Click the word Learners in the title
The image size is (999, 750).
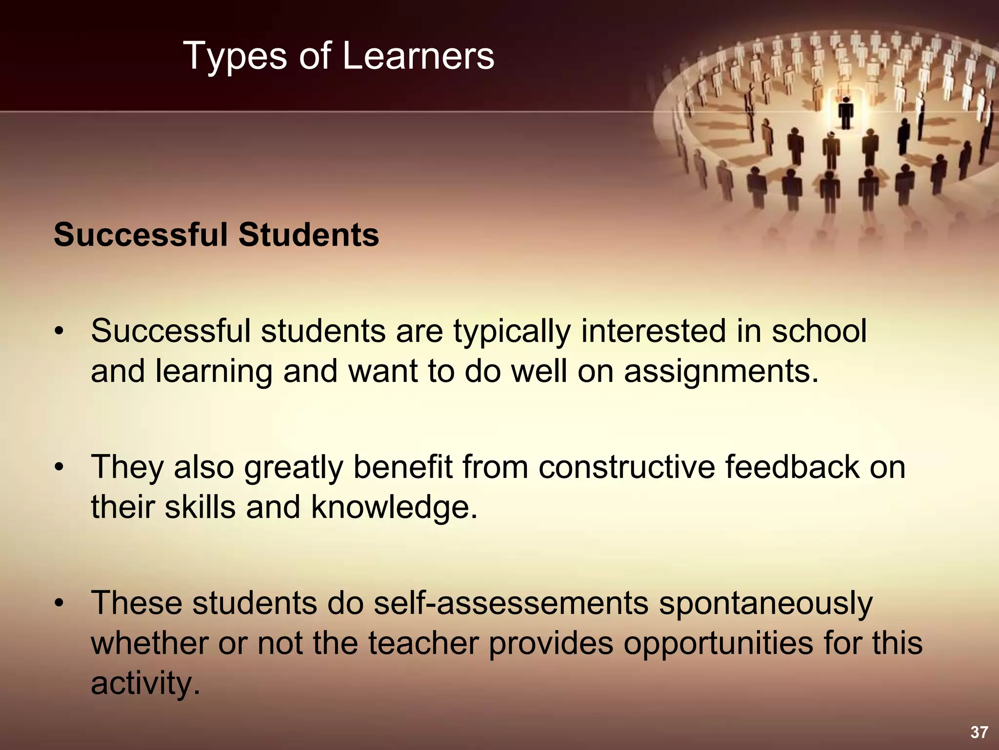click(418, 56)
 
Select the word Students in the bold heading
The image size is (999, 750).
click(308, 235)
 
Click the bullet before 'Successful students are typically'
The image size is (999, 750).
click(59, 332)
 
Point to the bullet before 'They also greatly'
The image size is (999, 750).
click(59, 467)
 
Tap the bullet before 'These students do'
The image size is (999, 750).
click(59, 604)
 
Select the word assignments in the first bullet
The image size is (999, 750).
click(721, 371)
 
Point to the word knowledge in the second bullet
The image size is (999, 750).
click(394, 508)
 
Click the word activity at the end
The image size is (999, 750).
click(146, 684)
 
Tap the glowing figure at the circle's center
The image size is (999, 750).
click(846, 112)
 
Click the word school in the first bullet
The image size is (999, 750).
click(819, 331)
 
